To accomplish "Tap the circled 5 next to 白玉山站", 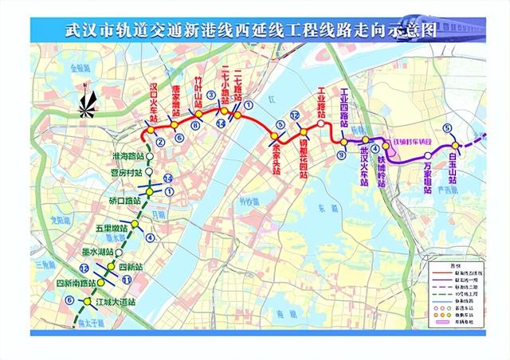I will click(448, 127).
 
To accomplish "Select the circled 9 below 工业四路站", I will click(341, 157).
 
